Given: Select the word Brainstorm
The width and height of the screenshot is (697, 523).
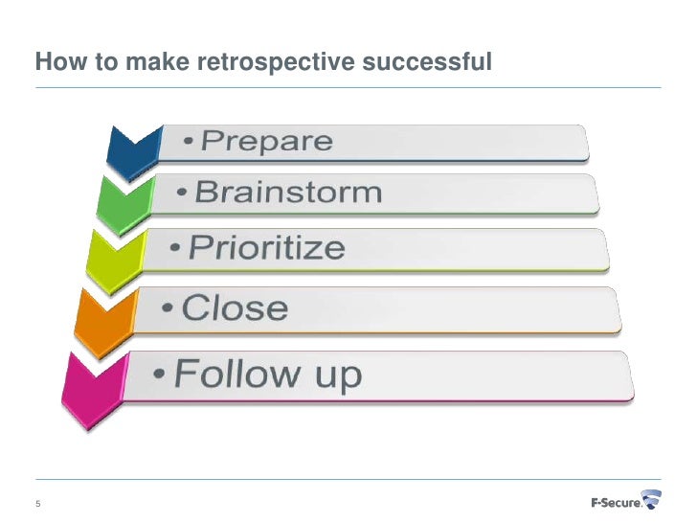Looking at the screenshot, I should point(288,193).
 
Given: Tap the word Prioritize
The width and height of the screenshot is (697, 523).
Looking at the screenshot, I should point(265,248).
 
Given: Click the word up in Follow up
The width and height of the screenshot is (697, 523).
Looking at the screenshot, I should point(335,375).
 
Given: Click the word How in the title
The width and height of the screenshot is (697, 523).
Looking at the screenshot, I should point(56,63).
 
